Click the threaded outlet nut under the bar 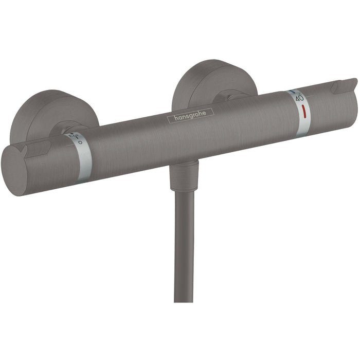click(x=184, y=175)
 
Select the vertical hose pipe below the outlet click(x=184, y=247)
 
